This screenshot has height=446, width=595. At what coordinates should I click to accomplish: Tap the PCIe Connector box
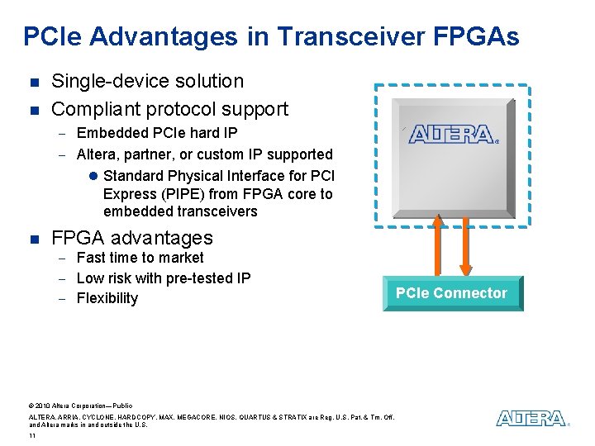(452, 293)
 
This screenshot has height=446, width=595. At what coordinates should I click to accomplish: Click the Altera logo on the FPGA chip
(453, 134)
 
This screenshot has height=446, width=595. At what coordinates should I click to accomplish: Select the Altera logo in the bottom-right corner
(532, 419)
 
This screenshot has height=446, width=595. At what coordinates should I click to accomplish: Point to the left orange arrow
(438, 247)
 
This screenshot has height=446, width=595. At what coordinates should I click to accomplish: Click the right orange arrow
(466, 247)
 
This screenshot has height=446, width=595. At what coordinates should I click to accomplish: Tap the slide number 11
(31, 435)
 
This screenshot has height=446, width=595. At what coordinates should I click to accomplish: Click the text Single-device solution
(147, 81)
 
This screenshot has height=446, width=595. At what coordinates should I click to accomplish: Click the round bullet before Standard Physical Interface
(93, 176)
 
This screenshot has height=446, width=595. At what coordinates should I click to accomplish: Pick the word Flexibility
(107, 298)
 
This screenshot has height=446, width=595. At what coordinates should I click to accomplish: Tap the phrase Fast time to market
(140, 258)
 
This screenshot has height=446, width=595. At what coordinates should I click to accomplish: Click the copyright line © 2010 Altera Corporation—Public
(80, 406)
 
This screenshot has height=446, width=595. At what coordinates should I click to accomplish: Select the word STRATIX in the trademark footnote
(285, 417)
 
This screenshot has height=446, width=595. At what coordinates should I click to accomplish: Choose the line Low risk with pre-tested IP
(163, 278)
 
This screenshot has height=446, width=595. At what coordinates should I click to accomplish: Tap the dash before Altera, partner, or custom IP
(61, 154)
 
